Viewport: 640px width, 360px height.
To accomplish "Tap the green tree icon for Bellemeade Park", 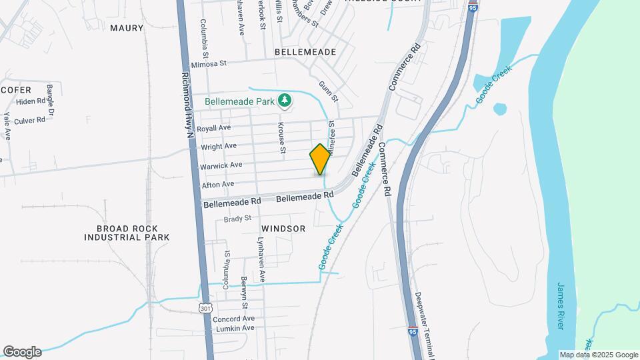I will coord(285,101).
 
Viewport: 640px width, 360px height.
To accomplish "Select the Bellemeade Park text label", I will coord(239,102).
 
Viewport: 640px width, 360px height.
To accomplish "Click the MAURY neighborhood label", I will coord(127,28).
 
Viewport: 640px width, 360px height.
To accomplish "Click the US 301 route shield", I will coord(205,307).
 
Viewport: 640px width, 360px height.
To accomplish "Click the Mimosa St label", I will coord(209,64).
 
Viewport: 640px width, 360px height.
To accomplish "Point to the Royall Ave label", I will coord(215,127).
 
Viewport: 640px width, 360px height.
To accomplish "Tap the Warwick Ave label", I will coord(217,165).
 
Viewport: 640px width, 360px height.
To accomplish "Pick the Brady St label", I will coord(237,218).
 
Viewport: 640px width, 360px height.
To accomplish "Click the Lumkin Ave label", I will coord(233,328).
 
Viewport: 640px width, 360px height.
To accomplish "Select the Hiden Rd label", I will coord(30,101).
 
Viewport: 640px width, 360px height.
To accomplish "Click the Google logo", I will coord(22,352).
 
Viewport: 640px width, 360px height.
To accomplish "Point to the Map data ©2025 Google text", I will coord(597,355).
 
